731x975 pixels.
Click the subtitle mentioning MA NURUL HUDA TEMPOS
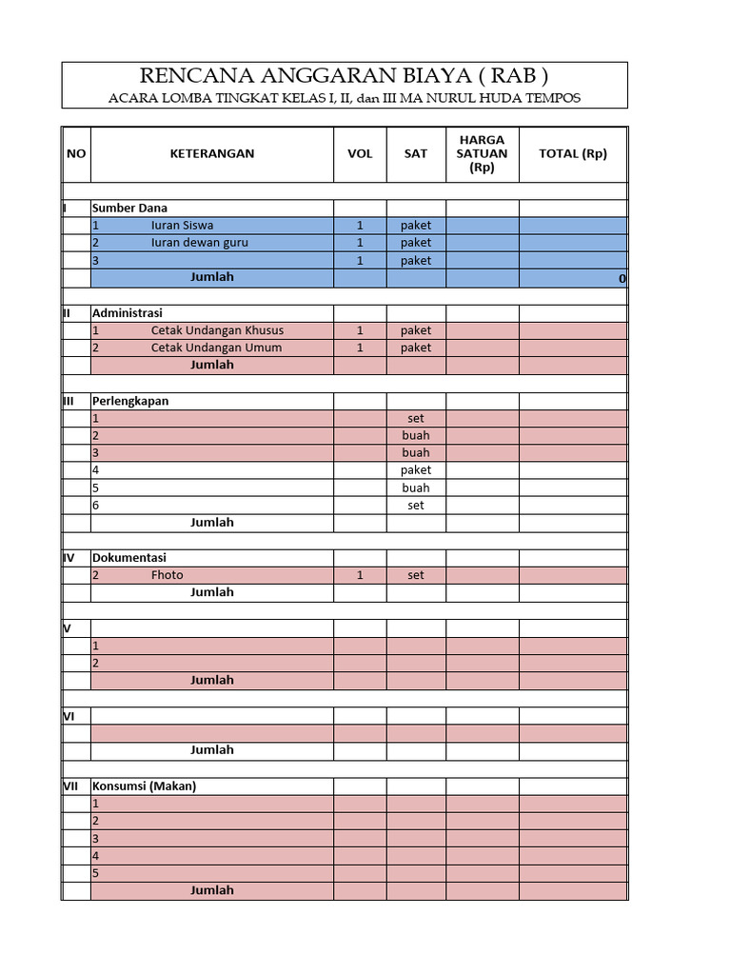coord(344,97)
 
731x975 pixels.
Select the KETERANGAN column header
coord(212,153)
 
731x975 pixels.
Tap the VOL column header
coord(360,153)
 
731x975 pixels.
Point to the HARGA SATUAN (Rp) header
coord(482,153)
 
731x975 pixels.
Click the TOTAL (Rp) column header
coord(572,153)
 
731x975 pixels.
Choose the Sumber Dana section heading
coord(129,208)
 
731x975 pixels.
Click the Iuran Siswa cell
coord(182,226)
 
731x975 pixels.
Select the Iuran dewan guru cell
coord(199,243)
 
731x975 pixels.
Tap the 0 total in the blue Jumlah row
coord(622,278)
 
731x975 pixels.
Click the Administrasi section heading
coord(127,312)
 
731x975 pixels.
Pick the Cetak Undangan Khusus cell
coord(217,330)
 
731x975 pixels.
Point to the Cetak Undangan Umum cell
coord(216,348)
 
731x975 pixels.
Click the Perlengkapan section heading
coord(129,401)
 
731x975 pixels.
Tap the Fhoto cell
coord(167,575)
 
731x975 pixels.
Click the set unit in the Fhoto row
coord(416,575)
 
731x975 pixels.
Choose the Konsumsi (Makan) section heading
coord(144,786)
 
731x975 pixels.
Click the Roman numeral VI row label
coord(69,716)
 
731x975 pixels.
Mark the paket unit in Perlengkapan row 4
coord(416,470)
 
